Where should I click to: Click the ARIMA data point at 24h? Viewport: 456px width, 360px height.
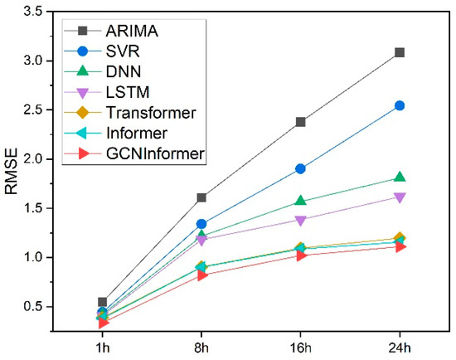400,52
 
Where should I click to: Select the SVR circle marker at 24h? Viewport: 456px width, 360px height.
400,105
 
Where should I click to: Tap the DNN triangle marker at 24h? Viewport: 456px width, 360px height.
400,177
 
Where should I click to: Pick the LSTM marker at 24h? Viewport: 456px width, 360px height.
400,197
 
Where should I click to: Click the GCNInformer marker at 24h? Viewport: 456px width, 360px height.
400,246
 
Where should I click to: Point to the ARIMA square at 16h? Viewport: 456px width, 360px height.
300,122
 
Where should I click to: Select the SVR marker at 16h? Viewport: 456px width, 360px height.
300,168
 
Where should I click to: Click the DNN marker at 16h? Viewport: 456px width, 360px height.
300,201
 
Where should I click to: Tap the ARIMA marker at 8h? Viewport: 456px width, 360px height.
201,197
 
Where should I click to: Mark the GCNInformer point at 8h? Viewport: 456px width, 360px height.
201,275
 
